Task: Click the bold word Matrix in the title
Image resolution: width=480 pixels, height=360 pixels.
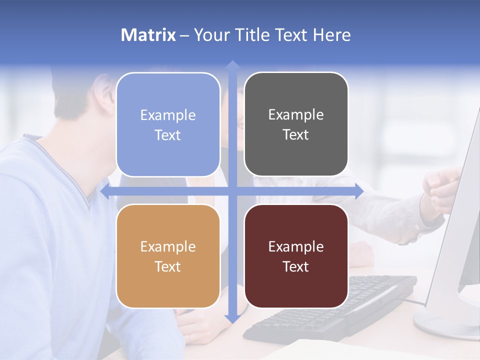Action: point(148,35)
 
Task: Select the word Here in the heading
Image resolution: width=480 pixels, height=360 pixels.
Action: point(331,35)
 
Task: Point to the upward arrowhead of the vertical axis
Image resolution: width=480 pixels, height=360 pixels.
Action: point(232,64)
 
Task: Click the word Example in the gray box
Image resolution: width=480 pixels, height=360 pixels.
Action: point(296,115)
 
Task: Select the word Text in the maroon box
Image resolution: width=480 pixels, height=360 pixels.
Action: point(296,267)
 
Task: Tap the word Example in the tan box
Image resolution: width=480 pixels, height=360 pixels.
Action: point(168,247)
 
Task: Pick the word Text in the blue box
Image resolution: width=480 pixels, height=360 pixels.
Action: point(168,135)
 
